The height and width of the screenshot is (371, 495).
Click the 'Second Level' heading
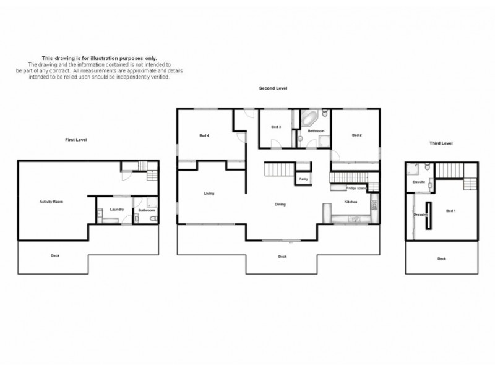click(x=273, y=88)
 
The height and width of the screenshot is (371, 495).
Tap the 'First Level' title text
click(x=76, y=140)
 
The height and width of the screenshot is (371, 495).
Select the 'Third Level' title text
click(x=441, y=143)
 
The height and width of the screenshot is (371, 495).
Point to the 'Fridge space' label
click(x=356, y=187)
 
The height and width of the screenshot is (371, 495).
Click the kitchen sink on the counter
click(x=355, y=218)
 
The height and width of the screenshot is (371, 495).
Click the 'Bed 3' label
click(x=276, y=127)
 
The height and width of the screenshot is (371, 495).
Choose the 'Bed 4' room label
click(x=204, y=135)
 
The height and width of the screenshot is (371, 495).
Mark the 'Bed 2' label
click(x=356, y=135)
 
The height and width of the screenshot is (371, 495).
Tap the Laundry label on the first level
click(x=117, y=209)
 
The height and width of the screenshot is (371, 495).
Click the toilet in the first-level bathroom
click(x=153, y=218)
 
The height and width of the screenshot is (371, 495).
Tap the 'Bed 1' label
click(x=450, y=211)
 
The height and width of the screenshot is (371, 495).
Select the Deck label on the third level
click(x=441, y=258)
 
